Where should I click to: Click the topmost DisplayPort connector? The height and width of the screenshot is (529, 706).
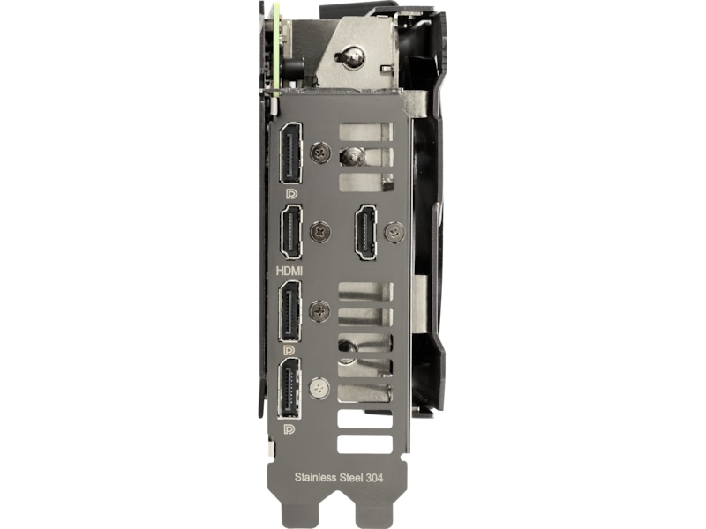click(x=291, y=153)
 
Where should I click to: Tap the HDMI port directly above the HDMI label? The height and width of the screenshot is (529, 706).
click(x=291, y=232)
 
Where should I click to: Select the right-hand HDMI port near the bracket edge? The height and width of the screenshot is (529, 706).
click(x=365, y=232)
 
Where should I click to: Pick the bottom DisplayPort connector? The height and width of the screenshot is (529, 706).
click(x=291, y=388)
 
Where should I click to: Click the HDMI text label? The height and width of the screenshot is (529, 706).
click(x=289, y=271)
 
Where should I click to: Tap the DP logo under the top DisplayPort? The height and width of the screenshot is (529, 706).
click(x=291, y=194)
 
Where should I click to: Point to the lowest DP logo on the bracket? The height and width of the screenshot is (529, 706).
click(x=290, y=428)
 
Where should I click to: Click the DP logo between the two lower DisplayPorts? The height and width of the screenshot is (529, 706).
click(x=290, y=350)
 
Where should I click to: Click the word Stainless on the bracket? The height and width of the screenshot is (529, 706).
click(x=315, y=477)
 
